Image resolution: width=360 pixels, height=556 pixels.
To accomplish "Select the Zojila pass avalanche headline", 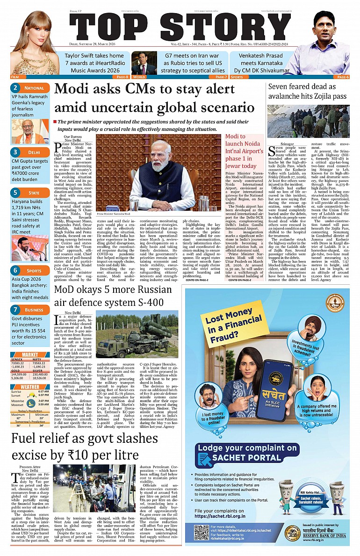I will [x=307, y=92].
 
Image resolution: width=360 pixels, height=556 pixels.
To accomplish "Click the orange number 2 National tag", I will [x=30, y=87].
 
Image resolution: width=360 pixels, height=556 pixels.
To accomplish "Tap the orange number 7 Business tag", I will [x=30, y=310].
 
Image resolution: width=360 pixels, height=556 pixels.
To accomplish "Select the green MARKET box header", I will [x=30, y=354].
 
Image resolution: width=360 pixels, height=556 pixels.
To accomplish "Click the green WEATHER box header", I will [x=30, y=387].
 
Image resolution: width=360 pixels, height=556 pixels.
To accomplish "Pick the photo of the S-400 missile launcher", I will [x=137, y=334].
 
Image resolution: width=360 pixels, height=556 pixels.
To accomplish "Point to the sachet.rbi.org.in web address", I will [x=221, y=515].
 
